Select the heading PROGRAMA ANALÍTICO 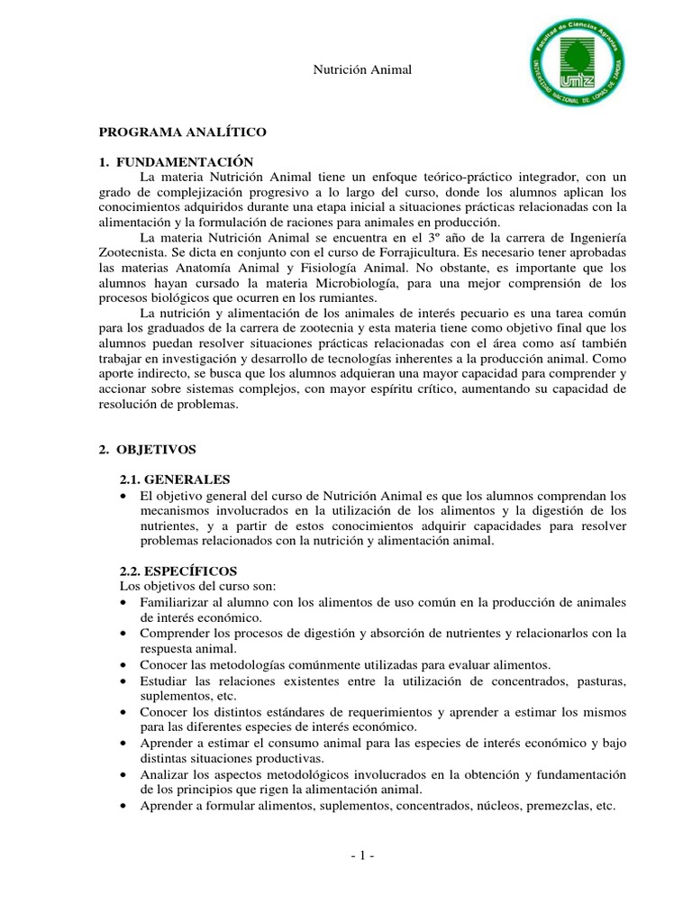pyautogui.click(x=183, y=132)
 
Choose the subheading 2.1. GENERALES pyautogui.click(x=175, y=480)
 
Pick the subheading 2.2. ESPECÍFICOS pyautogui.click(x=178, y=571)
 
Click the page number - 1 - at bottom pyautogui.click(x=361, y=856)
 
